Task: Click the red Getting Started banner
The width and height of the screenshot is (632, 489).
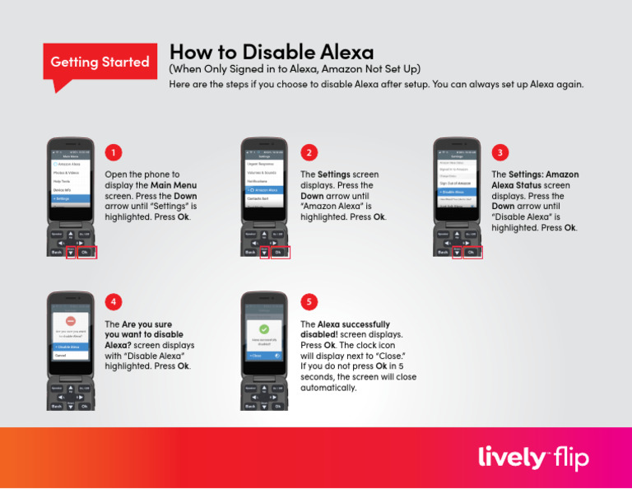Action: [100, 63]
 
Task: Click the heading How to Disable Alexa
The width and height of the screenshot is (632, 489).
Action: [271, 54]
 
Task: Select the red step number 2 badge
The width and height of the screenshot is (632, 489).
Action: [308, 152]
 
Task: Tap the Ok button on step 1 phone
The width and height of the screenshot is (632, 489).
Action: [85, 252]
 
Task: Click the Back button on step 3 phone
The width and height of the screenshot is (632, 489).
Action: [443, 252]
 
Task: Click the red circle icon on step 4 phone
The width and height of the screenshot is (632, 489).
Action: [71, 320]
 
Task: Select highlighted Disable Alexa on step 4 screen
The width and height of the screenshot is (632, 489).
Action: [71, 347]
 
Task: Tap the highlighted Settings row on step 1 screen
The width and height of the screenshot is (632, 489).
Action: [71, 199]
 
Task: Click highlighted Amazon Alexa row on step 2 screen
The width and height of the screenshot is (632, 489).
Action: [263, 189]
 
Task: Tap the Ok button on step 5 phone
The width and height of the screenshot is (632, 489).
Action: [278, 406]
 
